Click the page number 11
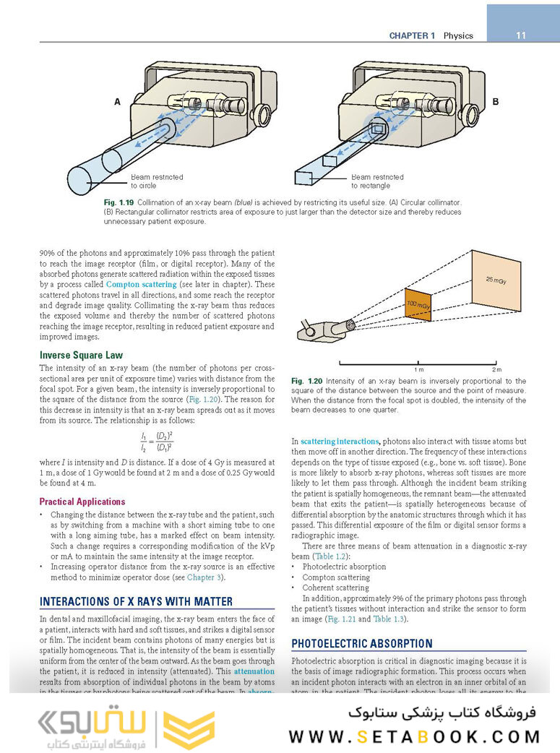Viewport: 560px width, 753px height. click(x=521, y=35)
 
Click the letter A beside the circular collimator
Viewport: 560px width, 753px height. click(x=117, y=103)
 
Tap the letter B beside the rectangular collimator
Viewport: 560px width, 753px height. click(x=495, y=102)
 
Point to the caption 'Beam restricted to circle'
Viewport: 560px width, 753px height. click(x=157, y=181)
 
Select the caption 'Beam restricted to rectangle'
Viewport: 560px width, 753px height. click(x=377, y=181)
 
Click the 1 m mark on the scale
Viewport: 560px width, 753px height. click(x=418, y=365)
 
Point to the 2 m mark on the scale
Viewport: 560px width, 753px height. click(x=496, y=365)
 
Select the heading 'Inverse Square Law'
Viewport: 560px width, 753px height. click(x=81, y=356)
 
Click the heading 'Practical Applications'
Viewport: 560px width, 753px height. click(x=82, y=502)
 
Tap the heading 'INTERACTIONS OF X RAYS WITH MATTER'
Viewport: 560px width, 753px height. click(x=137, y=601)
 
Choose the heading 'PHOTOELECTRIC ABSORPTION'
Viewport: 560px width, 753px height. click(x=362, y=643)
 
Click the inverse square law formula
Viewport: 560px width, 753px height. click(x=157, y=442)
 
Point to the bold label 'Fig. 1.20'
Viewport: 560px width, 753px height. click(x=306, y=381)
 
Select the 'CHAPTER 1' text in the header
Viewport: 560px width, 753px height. click(x=412, y=35)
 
